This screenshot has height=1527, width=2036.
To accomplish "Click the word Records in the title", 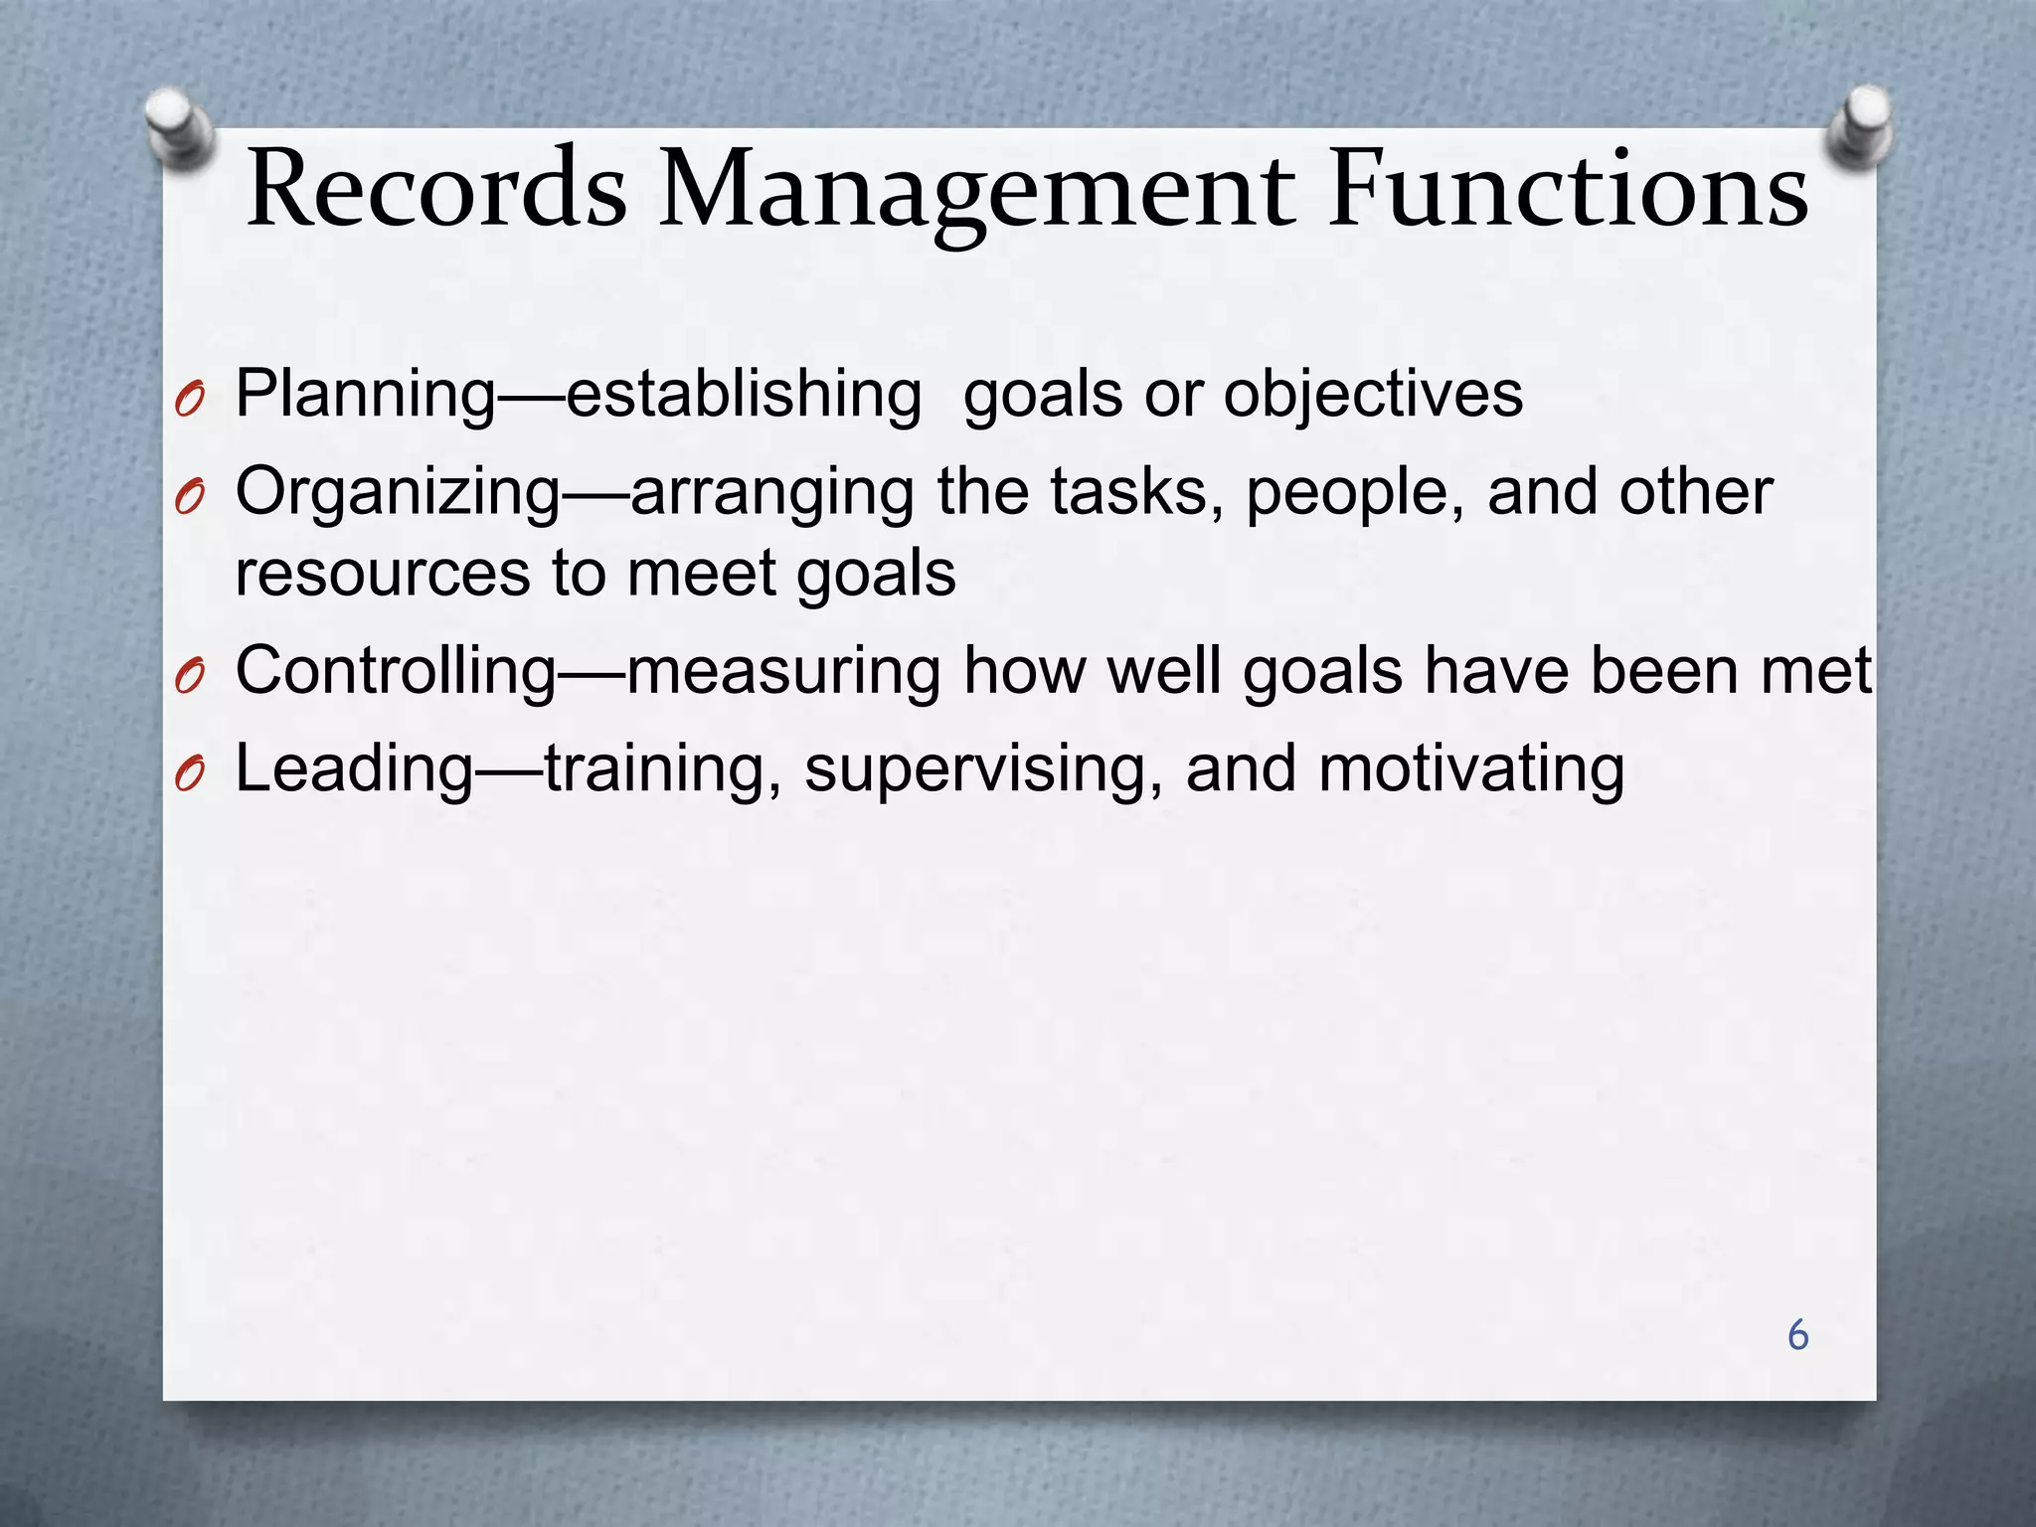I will pos(436,189).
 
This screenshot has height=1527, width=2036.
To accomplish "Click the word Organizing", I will pos(398,493).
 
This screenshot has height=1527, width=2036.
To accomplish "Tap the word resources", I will pos(383,574).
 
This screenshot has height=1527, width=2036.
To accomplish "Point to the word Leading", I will pos(354,769).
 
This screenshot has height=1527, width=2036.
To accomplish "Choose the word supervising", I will pos(983,771).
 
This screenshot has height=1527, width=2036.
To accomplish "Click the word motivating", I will pos(1471,769).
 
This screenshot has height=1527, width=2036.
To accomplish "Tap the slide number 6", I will pos(1797,1335).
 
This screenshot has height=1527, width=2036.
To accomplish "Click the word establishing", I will pos(744,394).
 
